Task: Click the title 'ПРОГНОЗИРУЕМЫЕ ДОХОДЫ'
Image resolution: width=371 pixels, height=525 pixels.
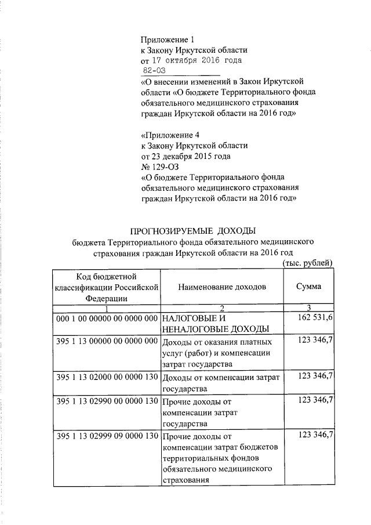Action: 193,232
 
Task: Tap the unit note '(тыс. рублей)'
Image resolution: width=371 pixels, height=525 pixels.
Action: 307,263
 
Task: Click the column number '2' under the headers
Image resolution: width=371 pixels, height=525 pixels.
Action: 221,307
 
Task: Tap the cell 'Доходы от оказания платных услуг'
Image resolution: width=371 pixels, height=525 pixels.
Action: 217,353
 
